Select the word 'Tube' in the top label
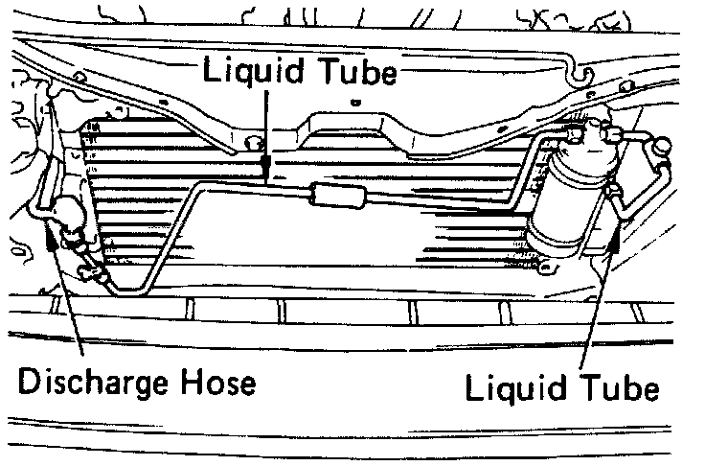[x=353, y=72]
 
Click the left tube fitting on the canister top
[x=572, y=134]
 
